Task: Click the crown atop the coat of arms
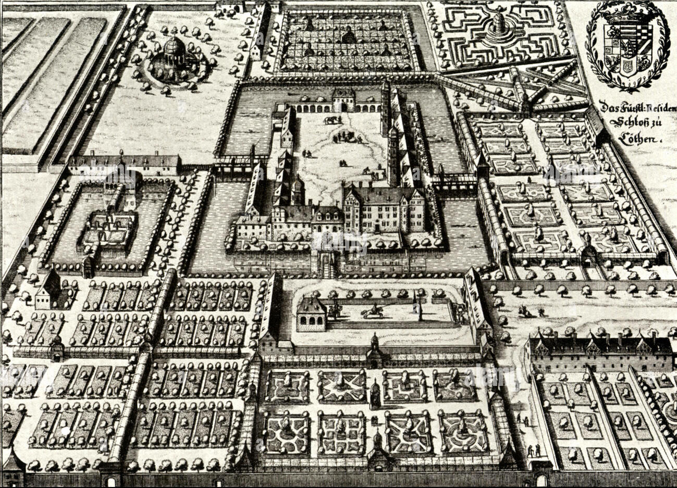point(627,17)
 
